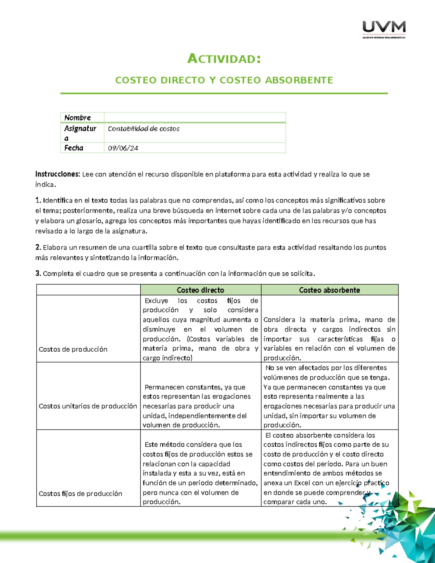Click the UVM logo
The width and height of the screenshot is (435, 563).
click(384, 29)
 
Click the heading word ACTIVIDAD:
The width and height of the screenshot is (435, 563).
click(224, 59)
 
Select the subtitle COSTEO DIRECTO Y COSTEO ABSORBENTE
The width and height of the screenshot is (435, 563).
click(224, 80)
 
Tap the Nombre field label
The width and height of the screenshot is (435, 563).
click(78, 117)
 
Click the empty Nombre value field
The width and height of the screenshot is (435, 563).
click(195, 117)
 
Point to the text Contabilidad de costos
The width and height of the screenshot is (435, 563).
click(144, 129)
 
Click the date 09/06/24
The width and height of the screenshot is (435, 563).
click(123, 148)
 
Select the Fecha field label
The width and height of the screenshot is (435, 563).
click(74, 148)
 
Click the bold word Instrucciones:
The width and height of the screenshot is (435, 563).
click(57, 174)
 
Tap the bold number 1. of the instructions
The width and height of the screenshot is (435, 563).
click(38, 200)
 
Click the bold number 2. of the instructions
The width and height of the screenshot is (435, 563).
click(38, 248)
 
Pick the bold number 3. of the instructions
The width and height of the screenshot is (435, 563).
click(38, 274)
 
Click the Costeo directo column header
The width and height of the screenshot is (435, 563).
click(200, 290)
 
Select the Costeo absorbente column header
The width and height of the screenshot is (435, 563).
click(330, 290)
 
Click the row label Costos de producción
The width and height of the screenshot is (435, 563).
click(73, 349)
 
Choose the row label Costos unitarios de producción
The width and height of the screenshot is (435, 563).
click(88, 406)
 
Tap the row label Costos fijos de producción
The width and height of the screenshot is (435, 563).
click(80, 493)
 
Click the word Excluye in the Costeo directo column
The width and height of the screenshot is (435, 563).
click(156, 301)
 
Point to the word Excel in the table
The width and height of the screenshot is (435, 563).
click(302, 483)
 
